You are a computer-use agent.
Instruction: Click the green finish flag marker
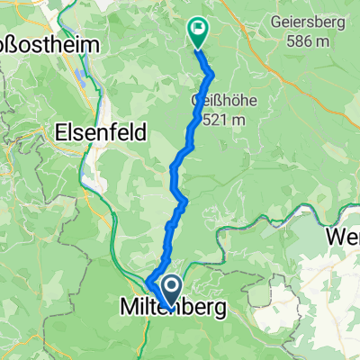197,32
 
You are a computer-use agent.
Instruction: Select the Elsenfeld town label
96,129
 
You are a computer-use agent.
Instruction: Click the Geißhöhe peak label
224,99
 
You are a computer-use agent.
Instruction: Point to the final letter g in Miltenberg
220,310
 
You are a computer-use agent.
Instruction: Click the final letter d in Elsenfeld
130,129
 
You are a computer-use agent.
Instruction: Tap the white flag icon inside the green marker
198,29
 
